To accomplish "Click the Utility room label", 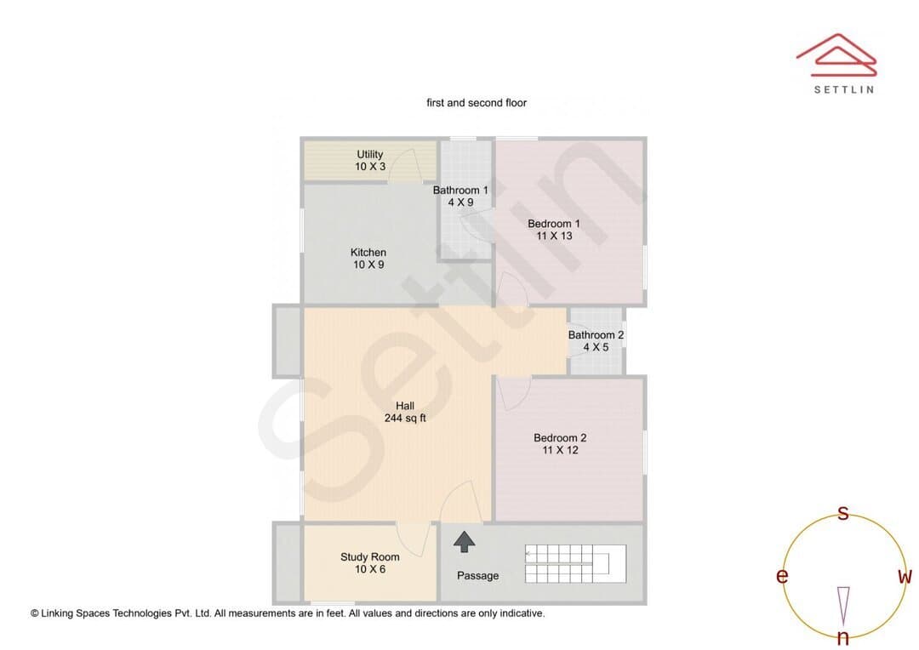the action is [370, 161].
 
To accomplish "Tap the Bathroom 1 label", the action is [460, 197].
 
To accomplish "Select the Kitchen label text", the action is [368, 259].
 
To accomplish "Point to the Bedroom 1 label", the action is [554, 230].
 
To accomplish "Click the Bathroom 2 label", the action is [596, 341].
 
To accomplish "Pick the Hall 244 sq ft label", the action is [405, 412].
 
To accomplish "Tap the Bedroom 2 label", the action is [560, 444].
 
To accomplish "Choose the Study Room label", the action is [370, 563].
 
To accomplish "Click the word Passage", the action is [477, 576].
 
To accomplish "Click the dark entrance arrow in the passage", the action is [465, 542].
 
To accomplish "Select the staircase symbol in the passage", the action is [575, 564].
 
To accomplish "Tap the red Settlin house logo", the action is [836, 54].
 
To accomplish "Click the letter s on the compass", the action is [842, 513].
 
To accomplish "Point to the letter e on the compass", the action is [782, 576].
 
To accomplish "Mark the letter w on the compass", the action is [905, 577].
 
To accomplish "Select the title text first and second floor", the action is [477, 103].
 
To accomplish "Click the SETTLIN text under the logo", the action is [844, 89].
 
